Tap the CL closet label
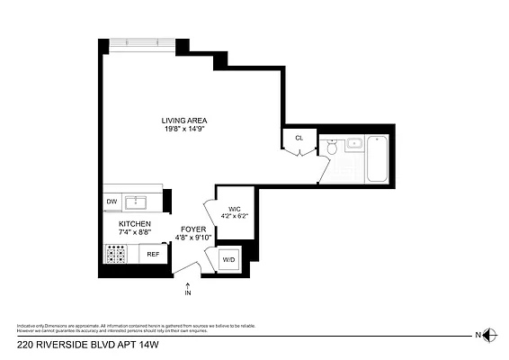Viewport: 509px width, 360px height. [299, 139]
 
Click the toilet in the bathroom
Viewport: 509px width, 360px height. [331, 149]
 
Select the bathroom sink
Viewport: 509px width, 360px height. [354, 143]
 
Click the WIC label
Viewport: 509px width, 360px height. [233, 208]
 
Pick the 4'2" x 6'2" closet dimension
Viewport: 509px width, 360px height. [233, 216]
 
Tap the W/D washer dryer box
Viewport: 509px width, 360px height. [228, 260]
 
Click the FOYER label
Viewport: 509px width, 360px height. [193, 229]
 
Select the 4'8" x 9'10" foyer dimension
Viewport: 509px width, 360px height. [193, 238]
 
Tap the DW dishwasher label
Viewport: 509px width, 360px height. [112, 202]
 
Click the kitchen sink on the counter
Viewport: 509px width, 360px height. [139, 201]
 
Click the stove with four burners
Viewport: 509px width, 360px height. [117, 256]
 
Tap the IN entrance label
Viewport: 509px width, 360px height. [188, 293]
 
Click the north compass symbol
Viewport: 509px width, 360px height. [489, 334]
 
